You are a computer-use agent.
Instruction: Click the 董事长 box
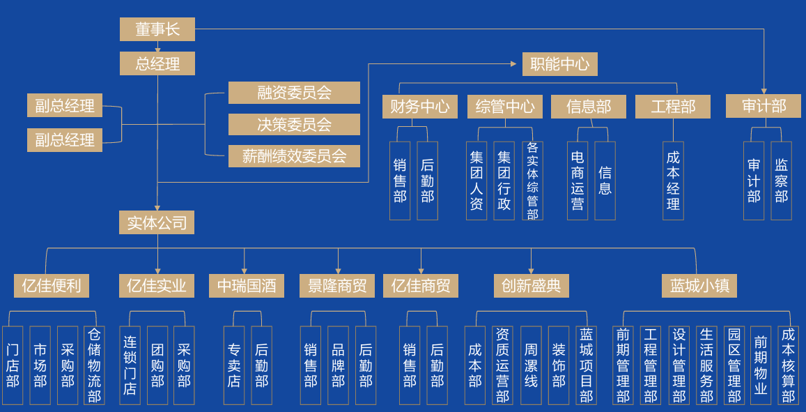click(x=157, y=29)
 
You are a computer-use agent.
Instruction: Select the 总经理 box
click(x=157, y=63)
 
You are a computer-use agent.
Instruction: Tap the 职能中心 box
click(x=559, y=64)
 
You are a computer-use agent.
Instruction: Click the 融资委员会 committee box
click(x=294, y=93)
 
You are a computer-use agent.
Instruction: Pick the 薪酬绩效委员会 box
click(x=294, y=156)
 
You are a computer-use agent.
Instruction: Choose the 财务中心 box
click(x=419, y=107)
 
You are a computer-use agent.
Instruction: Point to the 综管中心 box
click(x=504, y=107)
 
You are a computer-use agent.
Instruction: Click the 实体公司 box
click(x=157, y=222)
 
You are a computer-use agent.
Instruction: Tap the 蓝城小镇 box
click(x=699, y=286)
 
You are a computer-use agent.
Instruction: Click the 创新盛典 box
click(x=531, y=286)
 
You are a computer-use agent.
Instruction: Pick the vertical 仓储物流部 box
click(x=94, y=365)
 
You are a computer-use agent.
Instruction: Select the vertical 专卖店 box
click(x=234, y=365)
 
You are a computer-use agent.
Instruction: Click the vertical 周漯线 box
click(x=531, y=365)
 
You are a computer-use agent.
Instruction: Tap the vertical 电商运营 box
click(x=578, y=181)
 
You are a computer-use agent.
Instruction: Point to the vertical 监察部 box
click(x=781, y=181)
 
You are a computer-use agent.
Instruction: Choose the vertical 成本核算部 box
click(x=788, y=365)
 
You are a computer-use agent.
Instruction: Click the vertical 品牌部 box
click(x=338, y=365)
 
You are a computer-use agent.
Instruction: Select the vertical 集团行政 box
click(x=504, y=181)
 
